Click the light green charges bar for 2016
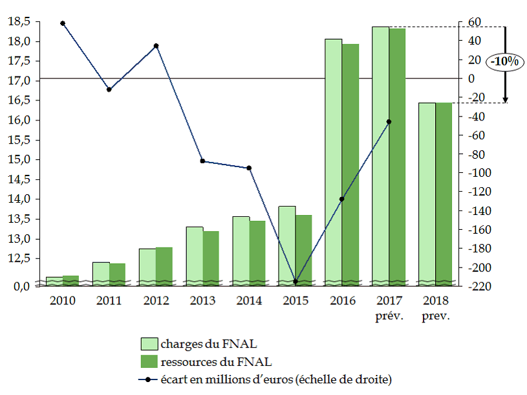click(x=333, y=162)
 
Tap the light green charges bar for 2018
click(x=426, y=194)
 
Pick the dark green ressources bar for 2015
click(x=303, y=250)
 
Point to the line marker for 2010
click(x=63, y=23)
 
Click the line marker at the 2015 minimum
click(x=296, y=282)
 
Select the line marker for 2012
click(x=156, y=46)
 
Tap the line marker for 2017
click(x=389, y=122)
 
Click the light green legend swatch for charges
click(x=150, y=343)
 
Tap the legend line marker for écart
click(x=150, y=379)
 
